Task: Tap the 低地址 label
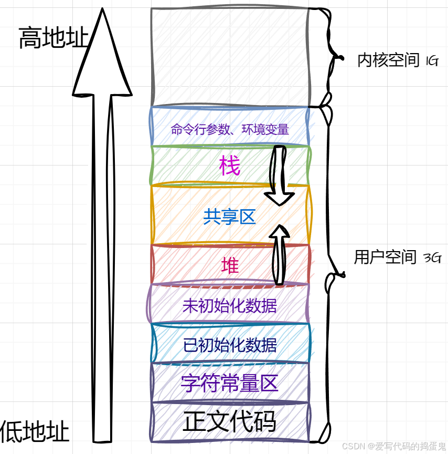pyautogui.click(x=35, y=432)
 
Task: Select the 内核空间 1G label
pyautogui.click(x=397, y=60)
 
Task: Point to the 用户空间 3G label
pyautogui.click(x=397, y=257)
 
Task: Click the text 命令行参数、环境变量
pyautogui.click(x=230, y=129)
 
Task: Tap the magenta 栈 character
pyautogui.click(x=230, y=167)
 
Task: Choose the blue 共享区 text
pyautogui.click(x=230, y=216)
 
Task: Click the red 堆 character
pyautogui.click(x=230, y=265)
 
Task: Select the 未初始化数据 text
pyautogui.click(x=230, y=305)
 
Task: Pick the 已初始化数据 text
pyautogui.click(x=230, y=345)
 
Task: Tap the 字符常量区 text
pyautogui.click(x=230, y=384)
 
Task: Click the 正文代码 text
pyautogui.click(x=230, y=422)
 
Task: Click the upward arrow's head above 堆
pyautogui.click(x=281, y=233)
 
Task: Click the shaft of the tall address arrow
pyautogui.click(x=102, y=263)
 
